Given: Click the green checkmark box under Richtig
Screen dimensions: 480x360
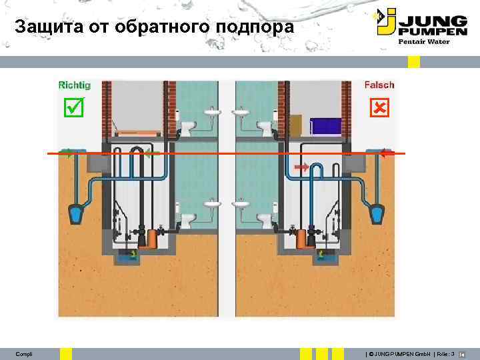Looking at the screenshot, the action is pyautogui.click(x=73, y=107).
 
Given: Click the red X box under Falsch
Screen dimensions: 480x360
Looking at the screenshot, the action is pyautogui.click(x=379, y=107).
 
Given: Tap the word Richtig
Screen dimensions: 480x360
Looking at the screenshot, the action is pyautogui.click(x=75, y=85).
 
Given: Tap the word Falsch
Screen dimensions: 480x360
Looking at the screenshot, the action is pyautogui.click(x=379, y=85).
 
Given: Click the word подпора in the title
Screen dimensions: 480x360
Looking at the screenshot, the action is pyautogui.click(x=257, y=28).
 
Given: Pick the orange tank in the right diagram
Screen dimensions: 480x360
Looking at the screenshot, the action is pyautogui.click(x=302, y=236).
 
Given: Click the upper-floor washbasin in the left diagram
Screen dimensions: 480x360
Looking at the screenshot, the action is pyautogui.click(x=211, y=112).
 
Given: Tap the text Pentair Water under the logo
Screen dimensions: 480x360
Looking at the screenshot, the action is pyautogui.click(x=424, y=41).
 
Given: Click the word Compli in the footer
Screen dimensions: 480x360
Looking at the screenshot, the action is pyautogui.click(x=24, y=353).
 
